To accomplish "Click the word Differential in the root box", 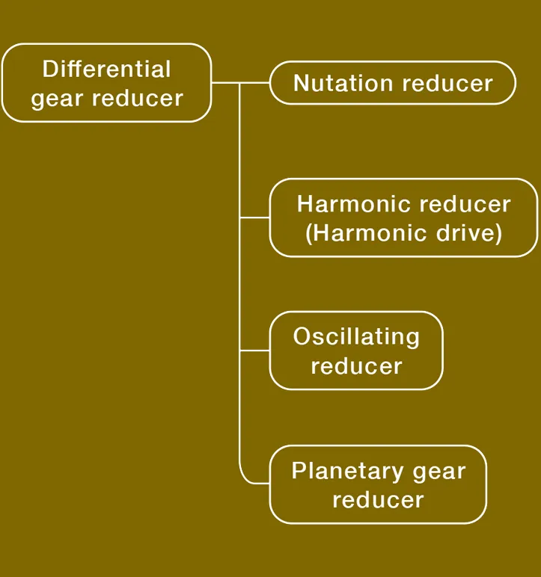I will tap(106, 70).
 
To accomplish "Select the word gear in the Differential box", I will tap(55, 98).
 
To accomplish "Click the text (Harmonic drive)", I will tap(403, 232).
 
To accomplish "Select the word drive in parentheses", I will tap(470, 232).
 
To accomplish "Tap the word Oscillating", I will tap(356, 336).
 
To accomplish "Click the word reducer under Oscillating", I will tap(356, 365).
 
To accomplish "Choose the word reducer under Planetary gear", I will tap(378, 499).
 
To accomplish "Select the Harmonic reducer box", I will tap(403, 217).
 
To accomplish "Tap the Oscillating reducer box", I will tap(356, 351).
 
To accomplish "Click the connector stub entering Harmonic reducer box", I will tap(254, 217).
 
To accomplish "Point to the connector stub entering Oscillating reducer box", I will tap(254, 351).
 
